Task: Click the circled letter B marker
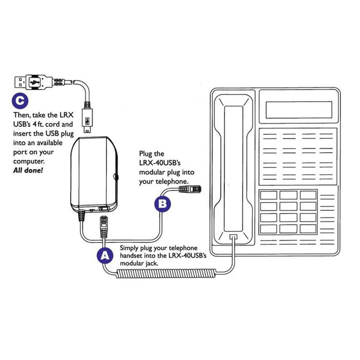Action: point(162,204)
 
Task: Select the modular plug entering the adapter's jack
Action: point(102,224)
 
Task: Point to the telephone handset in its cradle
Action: point(234,165)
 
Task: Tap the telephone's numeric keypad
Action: point(288,211)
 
